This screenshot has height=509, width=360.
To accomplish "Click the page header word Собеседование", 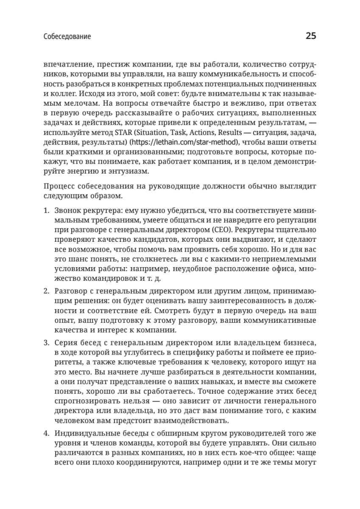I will point(67,37).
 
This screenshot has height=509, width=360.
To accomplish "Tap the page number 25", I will point(310,36).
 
